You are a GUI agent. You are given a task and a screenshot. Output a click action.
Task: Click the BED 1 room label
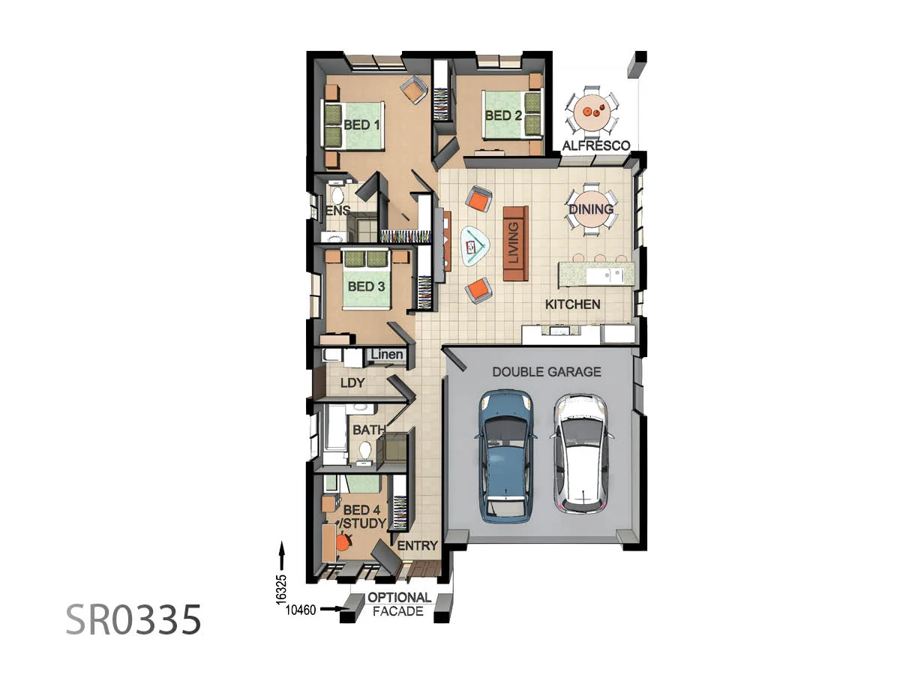361,124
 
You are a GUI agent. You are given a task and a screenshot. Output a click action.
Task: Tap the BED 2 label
503,115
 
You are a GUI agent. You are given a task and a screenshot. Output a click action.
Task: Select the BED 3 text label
366,286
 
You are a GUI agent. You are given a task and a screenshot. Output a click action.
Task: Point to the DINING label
591,209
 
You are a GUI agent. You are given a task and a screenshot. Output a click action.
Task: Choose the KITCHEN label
572,304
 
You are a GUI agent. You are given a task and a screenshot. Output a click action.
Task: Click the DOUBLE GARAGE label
546,371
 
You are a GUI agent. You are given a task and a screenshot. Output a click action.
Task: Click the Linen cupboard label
387,355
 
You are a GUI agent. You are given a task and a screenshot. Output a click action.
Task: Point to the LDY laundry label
352,383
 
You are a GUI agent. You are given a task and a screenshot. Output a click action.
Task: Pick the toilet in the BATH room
365,452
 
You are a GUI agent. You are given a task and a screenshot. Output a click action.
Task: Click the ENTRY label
417,546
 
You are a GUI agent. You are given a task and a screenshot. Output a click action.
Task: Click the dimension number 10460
301,610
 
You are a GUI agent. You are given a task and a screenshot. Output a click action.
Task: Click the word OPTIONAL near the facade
399,598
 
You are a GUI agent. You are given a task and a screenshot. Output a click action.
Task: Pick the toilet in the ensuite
335,195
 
